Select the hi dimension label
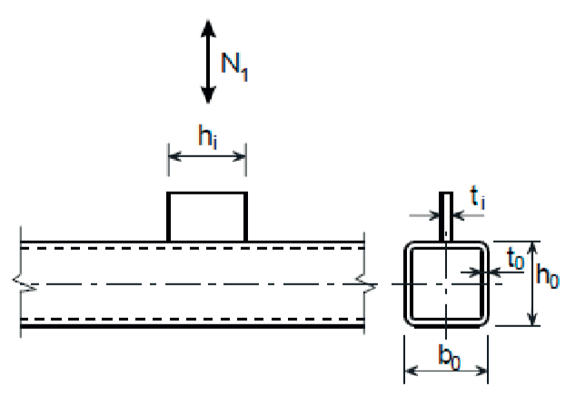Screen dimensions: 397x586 208,135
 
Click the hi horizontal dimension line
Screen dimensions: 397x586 207,157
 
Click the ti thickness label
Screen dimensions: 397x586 477,197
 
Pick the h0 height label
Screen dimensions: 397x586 548,275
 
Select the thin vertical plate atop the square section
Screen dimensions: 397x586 445,216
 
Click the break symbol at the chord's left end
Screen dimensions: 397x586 21,284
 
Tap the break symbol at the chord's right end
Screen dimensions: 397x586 366,284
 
